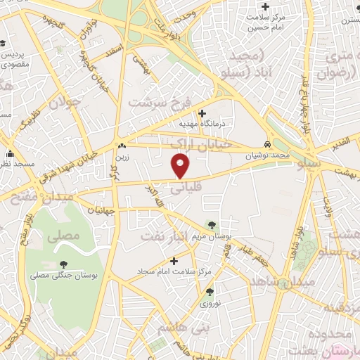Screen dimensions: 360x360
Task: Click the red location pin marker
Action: pos(181,166)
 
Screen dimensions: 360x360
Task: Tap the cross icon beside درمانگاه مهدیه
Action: pos(202,112)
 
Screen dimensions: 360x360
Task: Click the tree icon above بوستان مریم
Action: pos(212,225)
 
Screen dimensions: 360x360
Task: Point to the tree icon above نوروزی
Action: pos(210,292)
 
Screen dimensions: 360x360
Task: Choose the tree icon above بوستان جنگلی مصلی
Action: pos(63,264)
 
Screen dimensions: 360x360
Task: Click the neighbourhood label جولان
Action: pos(65,103)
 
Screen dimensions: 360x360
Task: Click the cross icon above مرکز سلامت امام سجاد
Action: pos(174,261)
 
